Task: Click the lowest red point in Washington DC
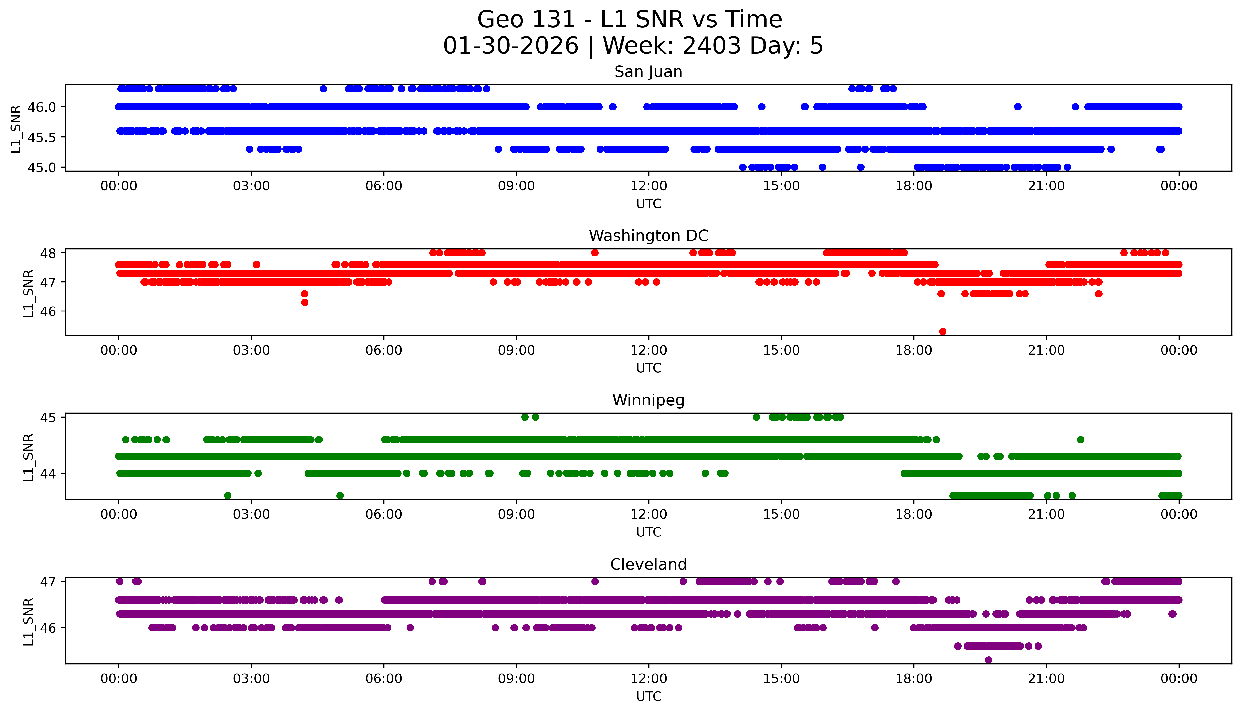click(942, 331)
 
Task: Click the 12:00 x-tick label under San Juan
click(648, 186)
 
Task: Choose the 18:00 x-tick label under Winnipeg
click(913, 515)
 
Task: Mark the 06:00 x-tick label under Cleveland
click(383, 679)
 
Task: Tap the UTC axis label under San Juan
click(648, 204)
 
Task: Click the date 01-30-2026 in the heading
click(511, 46)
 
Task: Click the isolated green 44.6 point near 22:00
click(1080, 440)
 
